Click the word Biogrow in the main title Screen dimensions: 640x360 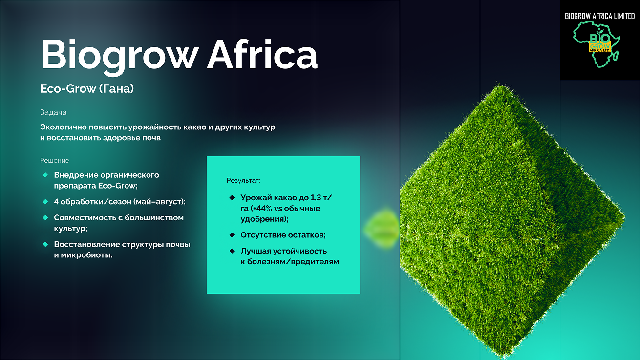[119, 56]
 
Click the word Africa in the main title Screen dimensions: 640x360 [262, 54]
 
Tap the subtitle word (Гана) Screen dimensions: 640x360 [117, 89]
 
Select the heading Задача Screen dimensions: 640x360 [53, 112]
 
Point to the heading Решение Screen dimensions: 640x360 [55, 160]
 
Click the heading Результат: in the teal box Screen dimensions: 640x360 [243, 181]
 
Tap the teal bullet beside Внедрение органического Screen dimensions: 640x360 [45, 175]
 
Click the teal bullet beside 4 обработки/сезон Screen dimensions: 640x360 [45, 202]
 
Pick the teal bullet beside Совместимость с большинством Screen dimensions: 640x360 [45, 218]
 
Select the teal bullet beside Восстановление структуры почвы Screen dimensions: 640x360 [45, 244]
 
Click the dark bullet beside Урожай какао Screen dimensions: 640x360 [232, 197]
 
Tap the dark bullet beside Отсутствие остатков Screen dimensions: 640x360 [232, 235]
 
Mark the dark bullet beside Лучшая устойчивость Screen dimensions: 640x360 [232, 251]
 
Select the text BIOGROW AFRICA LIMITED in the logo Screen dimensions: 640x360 [600, 16]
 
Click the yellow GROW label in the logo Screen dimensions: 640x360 [600, 46]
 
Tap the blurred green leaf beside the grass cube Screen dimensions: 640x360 [382, 229]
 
